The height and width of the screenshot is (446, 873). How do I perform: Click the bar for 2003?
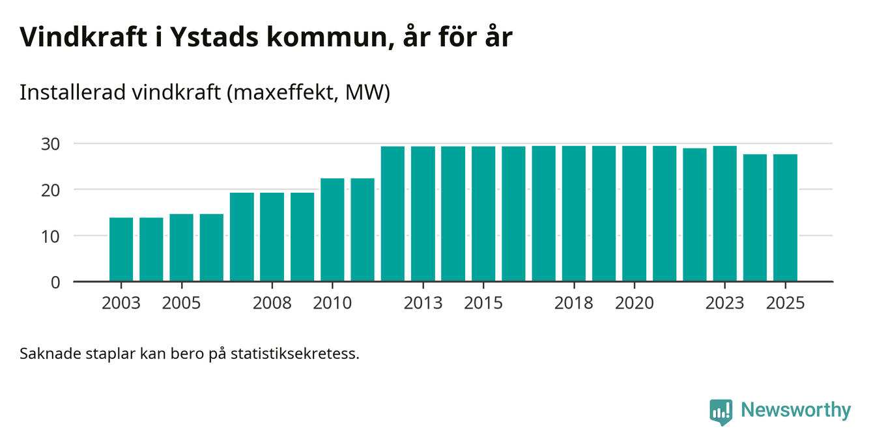[121, 249]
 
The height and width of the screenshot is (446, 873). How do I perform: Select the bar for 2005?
[181, 247]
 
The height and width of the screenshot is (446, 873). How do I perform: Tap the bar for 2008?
[272, 237]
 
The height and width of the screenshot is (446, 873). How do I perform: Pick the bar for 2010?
[332, 230]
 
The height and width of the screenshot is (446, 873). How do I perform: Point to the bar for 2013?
[423, 214]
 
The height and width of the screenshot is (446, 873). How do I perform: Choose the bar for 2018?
[574, 214]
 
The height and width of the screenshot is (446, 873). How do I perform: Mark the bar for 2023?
[724, 214]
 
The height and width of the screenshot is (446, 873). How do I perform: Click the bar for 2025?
[785, 218]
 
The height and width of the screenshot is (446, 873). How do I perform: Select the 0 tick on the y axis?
[55, 283]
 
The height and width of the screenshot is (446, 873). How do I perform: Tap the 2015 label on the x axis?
[483, 303]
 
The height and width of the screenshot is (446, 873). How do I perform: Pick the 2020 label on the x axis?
[634, 303]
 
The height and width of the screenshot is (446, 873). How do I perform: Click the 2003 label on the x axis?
[121, 303]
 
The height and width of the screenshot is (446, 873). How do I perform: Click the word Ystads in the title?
[211, 38]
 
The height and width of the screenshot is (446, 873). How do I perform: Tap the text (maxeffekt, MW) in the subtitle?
[308, 93]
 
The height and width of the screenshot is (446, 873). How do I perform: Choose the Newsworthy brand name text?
[795, 410]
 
